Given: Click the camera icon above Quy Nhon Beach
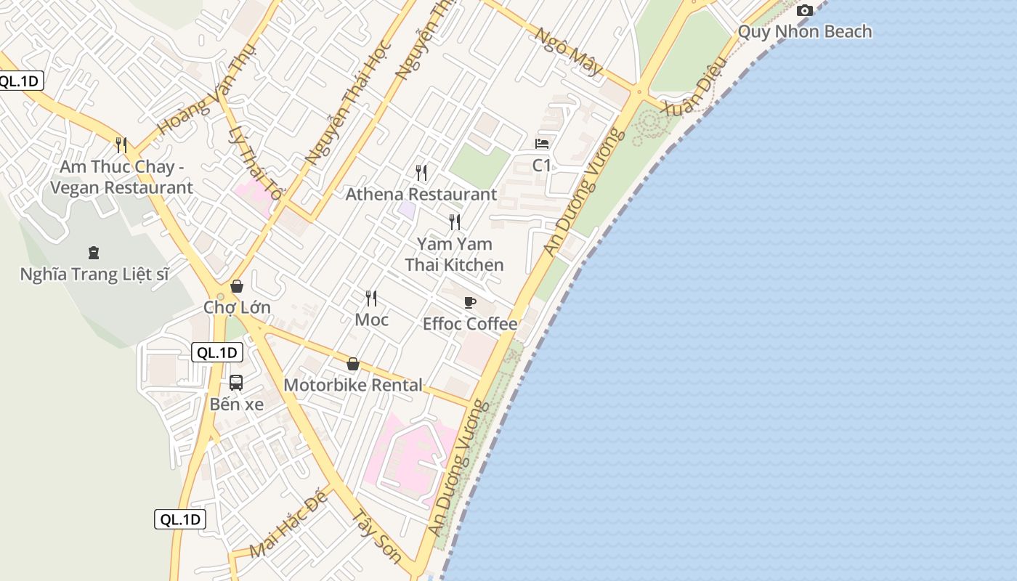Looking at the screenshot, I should (x=804, y=10).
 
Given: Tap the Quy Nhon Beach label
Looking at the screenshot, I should (x=804, y=31).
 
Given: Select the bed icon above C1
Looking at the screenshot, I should (x=542, y=143).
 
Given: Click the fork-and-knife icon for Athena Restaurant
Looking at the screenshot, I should (x=421, y=172).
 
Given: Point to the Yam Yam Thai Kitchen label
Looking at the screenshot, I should (x=454, y=254).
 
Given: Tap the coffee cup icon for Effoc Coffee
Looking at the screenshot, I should (x=470, y=302).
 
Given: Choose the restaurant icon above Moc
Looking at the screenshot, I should (x=371, y=298).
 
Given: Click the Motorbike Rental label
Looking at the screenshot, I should (x=353, y=385).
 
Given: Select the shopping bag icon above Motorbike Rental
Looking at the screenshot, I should (x=353, y=364).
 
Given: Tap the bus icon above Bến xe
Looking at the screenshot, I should (x=236, y=382).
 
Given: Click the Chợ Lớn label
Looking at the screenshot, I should (x=237, y=307).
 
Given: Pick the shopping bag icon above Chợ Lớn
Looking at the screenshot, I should (x=236, y=286).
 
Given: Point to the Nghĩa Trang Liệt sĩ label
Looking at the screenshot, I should (x=94, y=275).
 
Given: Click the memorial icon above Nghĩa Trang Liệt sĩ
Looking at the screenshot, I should (x=93, y=253).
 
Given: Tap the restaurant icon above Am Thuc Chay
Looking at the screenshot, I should (x=121, y=145).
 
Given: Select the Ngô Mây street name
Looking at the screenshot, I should (x=570, y=52).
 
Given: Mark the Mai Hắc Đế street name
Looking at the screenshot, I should (x=288, y=528).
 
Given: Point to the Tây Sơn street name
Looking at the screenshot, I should (x=376, y=537).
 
